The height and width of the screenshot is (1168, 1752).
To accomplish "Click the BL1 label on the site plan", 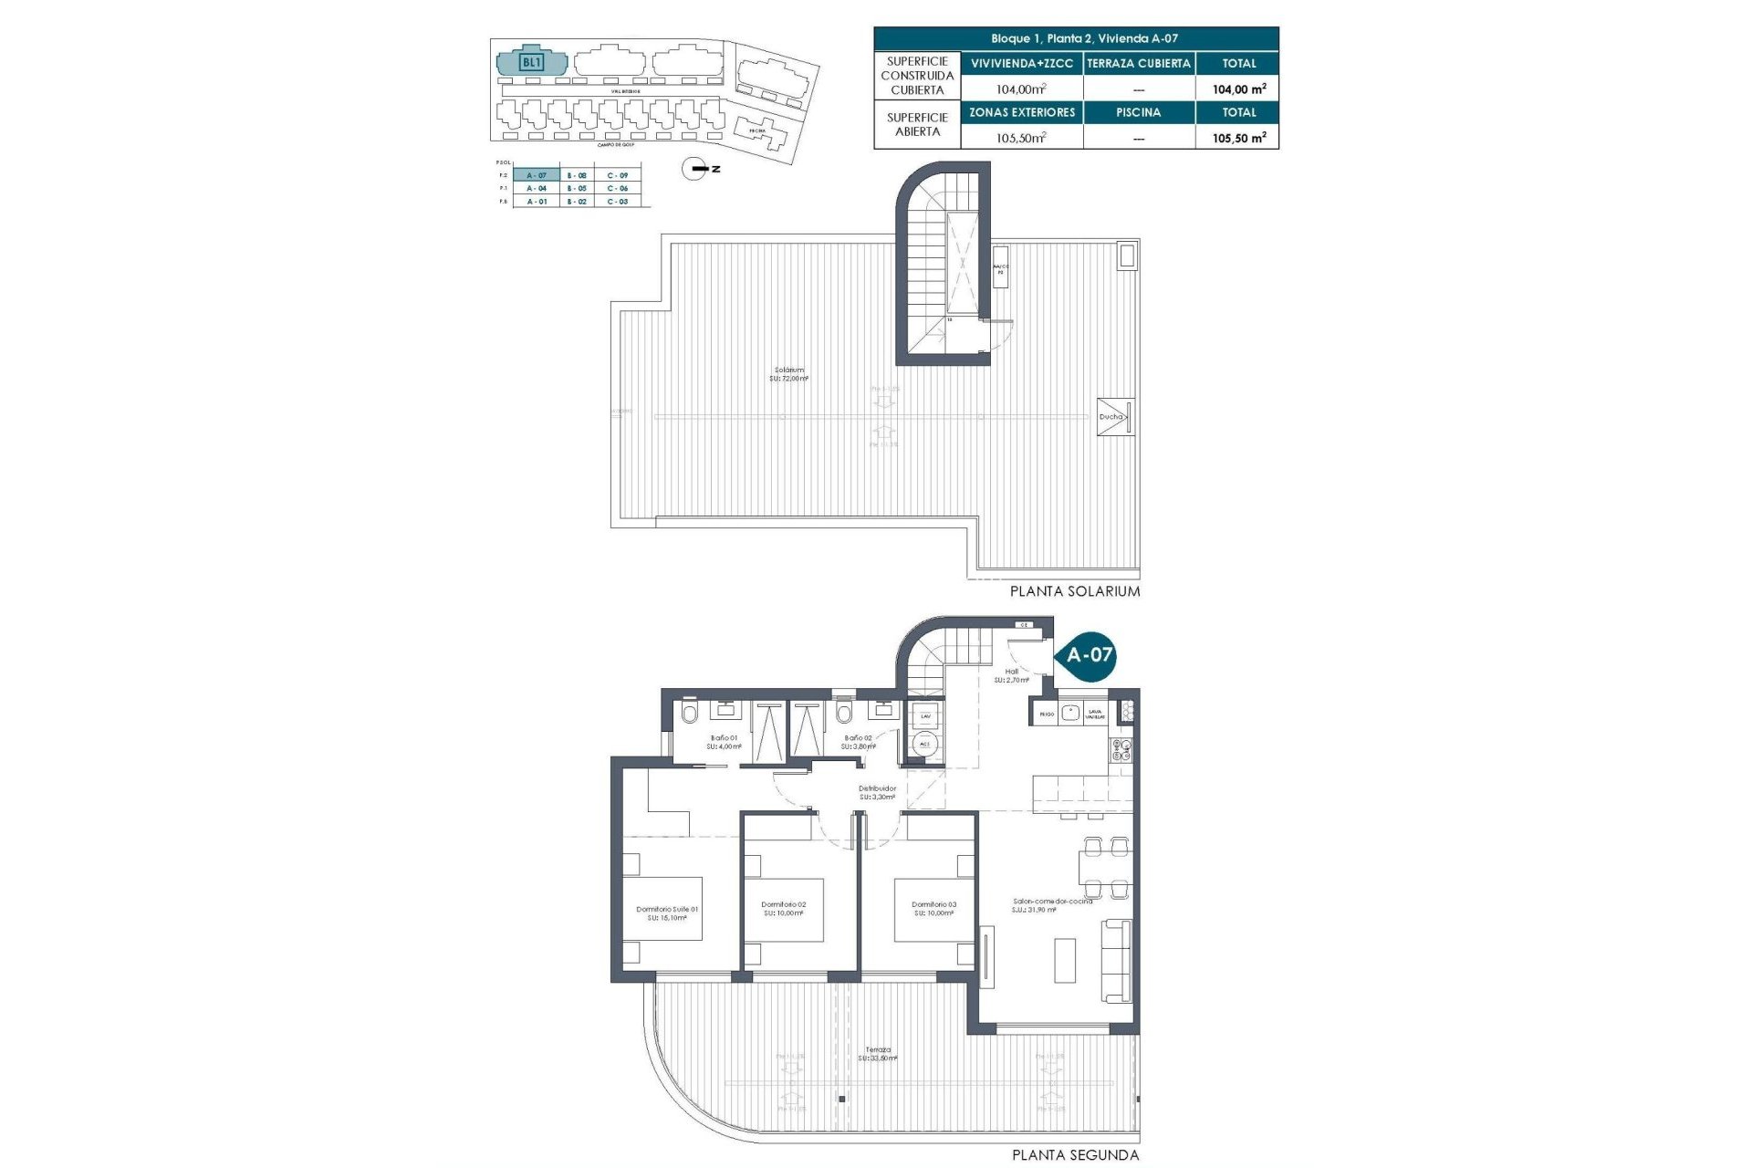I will (531, 63).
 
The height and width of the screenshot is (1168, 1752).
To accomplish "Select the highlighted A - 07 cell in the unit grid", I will (537, 175).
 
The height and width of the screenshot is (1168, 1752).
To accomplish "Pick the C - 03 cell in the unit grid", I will (618, 202).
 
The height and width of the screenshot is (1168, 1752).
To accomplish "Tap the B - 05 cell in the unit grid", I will (577, 188).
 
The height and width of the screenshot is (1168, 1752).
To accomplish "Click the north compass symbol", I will (696, 169).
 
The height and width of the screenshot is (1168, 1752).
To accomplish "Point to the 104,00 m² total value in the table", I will (1238, 89).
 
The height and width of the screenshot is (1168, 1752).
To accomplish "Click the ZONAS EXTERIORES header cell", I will (1021, 112).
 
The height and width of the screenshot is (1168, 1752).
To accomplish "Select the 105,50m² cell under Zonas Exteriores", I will (1021, 138).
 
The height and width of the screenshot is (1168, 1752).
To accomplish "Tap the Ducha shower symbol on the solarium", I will (1115, 417).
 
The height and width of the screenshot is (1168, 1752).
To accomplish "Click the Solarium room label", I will (789, 374).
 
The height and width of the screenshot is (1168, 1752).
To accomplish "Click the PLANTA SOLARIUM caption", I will (1074, 591).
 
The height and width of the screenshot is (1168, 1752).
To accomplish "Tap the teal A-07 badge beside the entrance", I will (1089, 654).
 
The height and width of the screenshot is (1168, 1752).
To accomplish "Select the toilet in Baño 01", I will (689, 713).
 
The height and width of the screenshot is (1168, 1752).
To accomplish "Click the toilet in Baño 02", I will (843, 713).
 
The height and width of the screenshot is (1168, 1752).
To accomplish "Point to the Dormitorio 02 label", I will (784, 908).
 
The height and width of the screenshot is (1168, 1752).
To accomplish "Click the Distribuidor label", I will (877, 792).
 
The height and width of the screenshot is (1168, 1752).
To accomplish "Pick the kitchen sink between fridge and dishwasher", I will (1070, 713).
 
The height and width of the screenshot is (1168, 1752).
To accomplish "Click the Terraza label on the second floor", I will (879, 1053).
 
